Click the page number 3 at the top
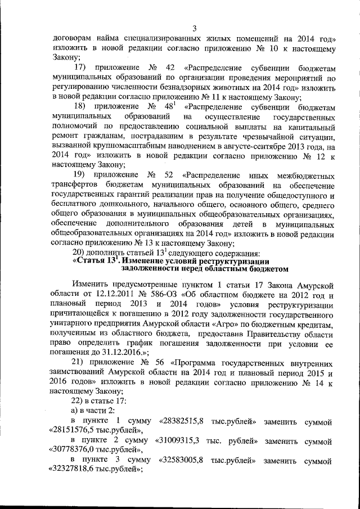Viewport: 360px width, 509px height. (194, 29)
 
